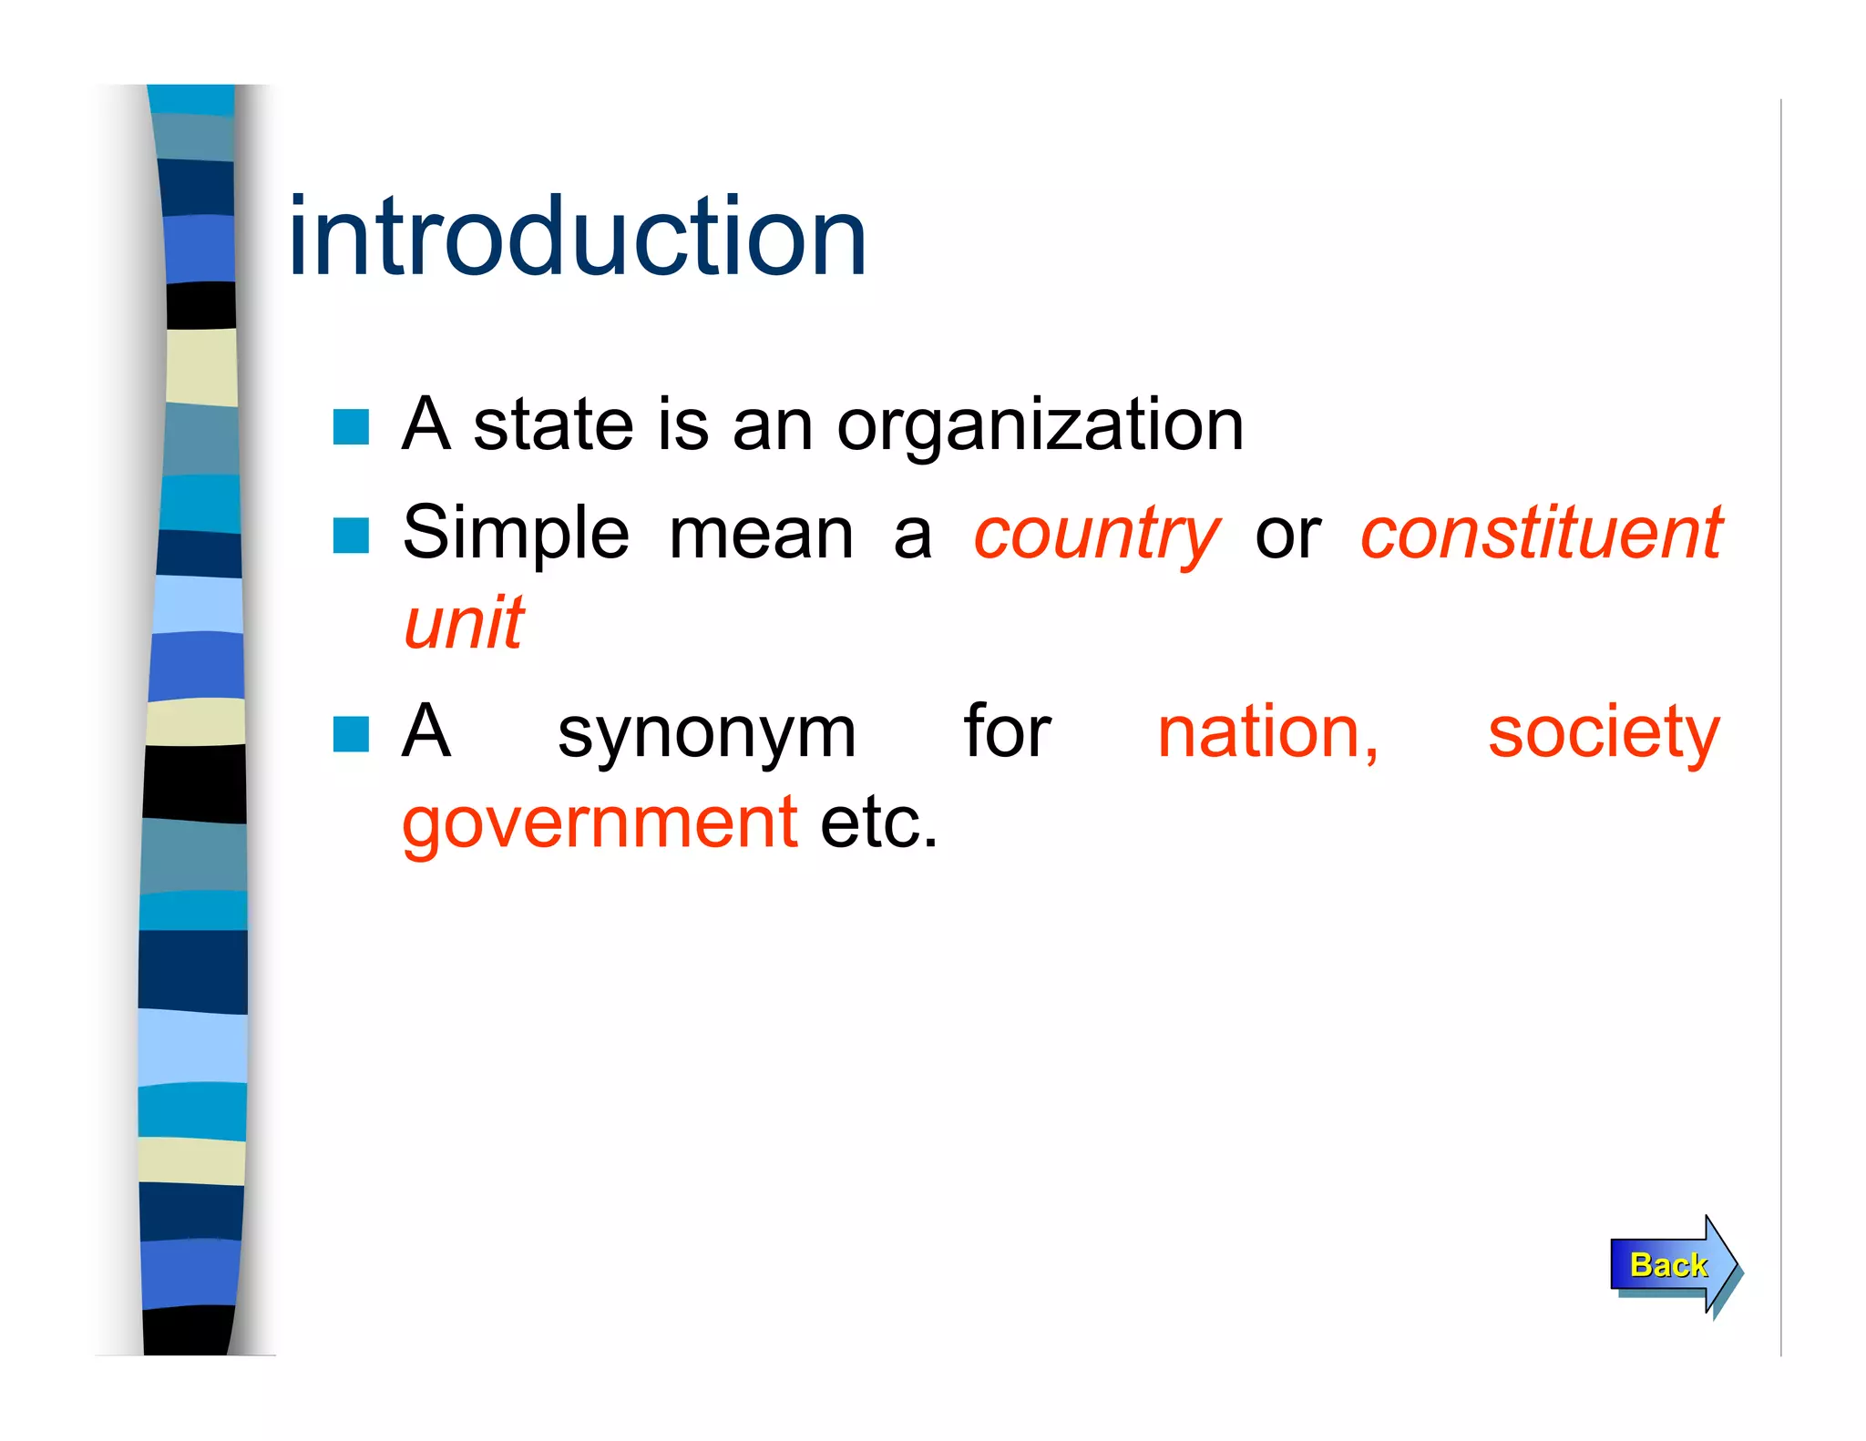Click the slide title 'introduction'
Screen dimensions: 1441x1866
click(577, 238)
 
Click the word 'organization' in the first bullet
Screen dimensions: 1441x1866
click(1040, 426)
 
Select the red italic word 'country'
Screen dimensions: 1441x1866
click(1095, 535)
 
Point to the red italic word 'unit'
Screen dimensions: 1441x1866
click(464, 624)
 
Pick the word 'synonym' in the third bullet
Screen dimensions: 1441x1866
click(706, 734)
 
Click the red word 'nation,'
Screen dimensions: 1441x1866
click(1267, 732)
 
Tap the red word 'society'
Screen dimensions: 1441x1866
click(1603, 734)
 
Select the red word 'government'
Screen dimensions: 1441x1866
click(600, 823)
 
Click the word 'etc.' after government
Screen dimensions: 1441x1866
click(878, 823)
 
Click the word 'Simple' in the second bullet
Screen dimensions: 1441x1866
click(516, 535)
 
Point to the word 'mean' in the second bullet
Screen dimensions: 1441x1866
click(761, 535)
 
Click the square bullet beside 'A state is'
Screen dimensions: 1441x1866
click(351, 426)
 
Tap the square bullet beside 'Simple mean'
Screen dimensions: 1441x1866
click(351, 536)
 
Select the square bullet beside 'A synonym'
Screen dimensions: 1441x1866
click(351, 734)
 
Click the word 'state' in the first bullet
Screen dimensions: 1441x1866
click(553, 426)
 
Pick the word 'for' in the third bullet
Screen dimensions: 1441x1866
click(1007, 732)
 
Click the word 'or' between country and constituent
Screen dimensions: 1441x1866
click(1287, 535)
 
